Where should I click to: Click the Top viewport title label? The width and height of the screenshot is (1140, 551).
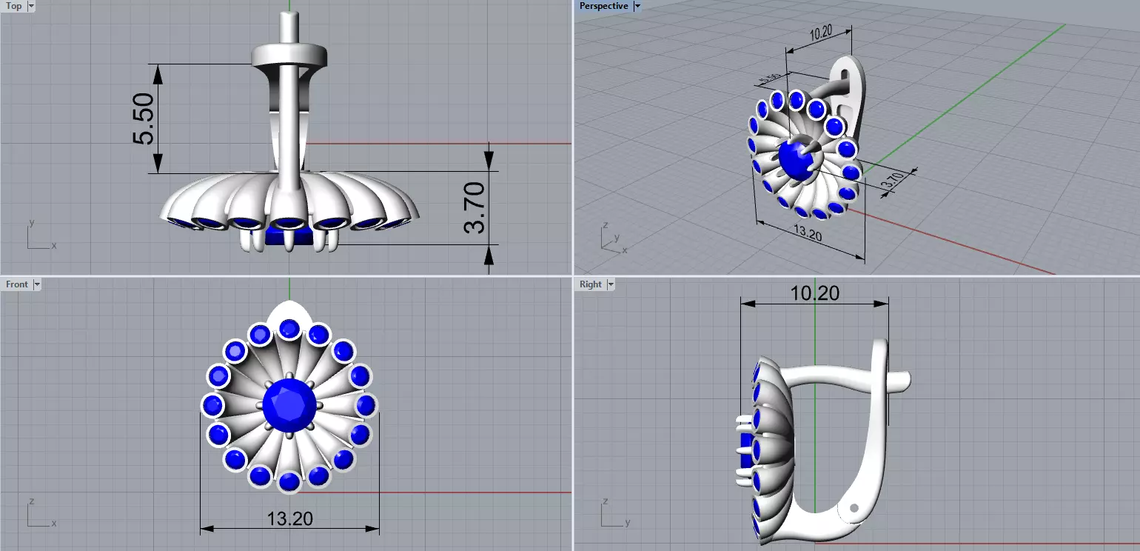(14, 7)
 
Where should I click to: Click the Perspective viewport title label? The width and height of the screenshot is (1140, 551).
(603, 7)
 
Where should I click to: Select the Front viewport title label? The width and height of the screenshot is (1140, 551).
(17, 284)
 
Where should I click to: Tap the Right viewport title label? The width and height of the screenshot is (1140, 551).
(591, 284)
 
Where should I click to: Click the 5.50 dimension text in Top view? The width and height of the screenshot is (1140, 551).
(144, 118)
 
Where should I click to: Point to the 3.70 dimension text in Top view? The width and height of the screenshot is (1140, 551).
(474, 207)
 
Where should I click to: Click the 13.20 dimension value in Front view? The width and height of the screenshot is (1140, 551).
(289, 518)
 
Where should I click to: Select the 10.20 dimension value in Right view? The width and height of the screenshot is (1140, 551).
(814, 293)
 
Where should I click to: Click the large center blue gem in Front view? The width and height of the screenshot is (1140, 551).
(289, 405)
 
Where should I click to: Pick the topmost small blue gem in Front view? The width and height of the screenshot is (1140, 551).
(289, 328)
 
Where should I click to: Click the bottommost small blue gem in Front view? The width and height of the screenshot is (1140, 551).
(289, 481)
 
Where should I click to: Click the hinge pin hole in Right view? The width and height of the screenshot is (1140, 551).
(854, 508)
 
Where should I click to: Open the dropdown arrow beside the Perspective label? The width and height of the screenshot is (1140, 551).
(637, 7)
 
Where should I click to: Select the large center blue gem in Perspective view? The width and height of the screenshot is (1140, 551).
(793, 158)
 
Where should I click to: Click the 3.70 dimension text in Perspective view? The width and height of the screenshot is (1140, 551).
(892, 180)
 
